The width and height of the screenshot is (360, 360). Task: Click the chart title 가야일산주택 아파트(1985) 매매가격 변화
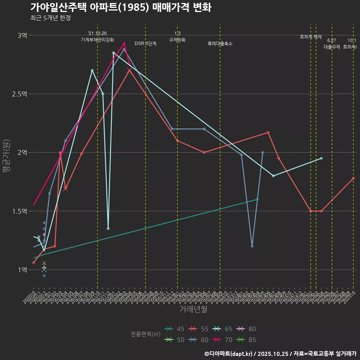click(x=120, y=7)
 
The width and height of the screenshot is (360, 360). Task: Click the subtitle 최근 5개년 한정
click(x=50, y=18)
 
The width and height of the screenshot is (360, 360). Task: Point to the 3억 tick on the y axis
click(x=22, y=35)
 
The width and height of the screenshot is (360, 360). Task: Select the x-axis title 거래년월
click(x=193, y=309)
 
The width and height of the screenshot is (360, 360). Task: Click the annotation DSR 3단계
click(x=145, y=43)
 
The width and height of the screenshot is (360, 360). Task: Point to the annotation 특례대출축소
click(x=220, y=43)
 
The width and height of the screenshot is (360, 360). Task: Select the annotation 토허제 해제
click(x=311, y=37)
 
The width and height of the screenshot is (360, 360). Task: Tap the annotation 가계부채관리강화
click(x=97, y=39)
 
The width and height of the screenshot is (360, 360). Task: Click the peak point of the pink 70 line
click(x=124, y=43)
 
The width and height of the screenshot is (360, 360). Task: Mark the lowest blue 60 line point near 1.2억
click(x=252, y=246)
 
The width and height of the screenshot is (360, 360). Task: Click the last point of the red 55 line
click(x=353, y=178)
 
